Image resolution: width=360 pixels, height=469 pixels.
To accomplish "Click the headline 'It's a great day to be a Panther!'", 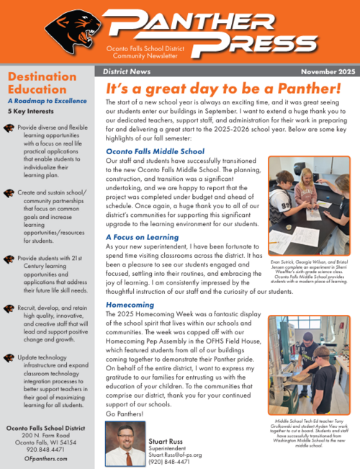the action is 223,89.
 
